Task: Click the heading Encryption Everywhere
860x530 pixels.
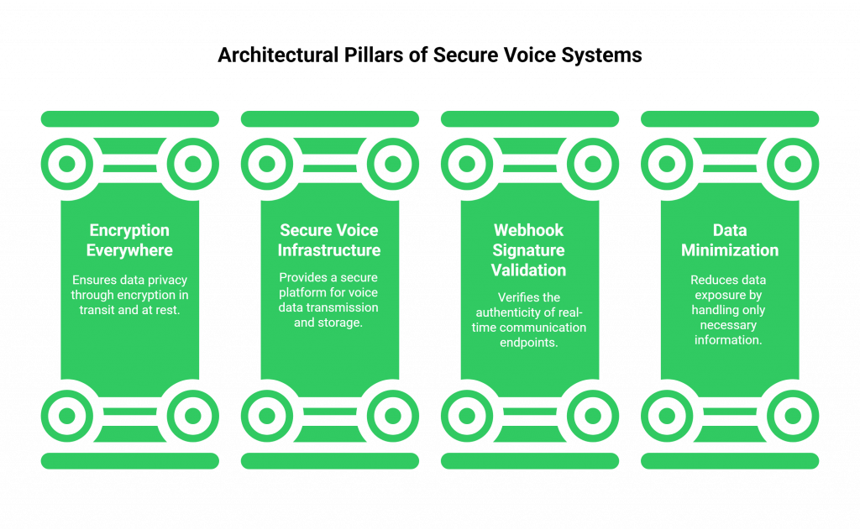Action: (x=129, y=240)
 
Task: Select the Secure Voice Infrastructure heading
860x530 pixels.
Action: (x=329, y=240)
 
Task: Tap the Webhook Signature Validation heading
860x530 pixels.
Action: (x=529, y=250)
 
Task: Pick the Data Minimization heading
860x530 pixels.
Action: (x=730, y=240)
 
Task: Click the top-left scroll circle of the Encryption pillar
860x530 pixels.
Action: (x=66, y=163)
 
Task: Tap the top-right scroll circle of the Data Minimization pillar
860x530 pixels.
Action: (x=793, y=163)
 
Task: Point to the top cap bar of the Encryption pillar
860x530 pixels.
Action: (x=129, y=118)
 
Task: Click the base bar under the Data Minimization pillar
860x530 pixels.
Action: (x=730, y=460)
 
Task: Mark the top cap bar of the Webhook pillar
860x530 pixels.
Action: (x=529, y=118)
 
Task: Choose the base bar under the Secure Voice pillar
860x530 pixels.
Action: (x=329, y=460)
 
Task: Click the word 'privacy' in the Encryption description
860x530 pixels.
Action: (x=168, y=281)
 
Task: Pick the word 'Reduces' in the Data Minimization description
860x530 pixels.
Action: (x=713, y=281)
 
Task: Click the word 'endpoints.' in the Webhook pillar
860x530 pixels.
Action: (x=529, y=342)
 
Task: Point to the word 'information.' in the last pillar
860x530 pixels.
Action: (x=729, y=340)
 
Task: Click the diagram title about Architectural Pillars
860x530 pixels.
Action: (x=429, y=56)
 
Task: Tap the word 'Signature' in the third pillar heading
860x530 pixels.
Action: (x=529, y=250)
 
